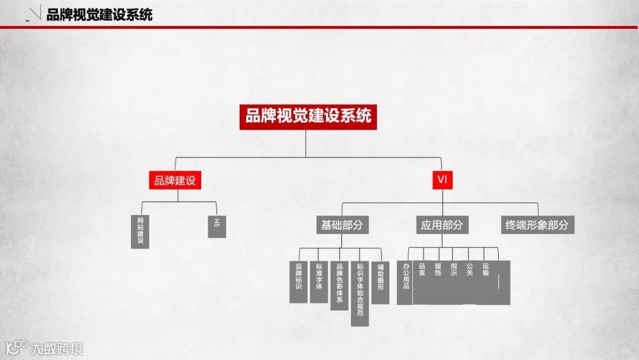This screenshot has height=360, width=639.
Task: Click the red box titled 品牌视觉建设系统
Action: coord(308,117)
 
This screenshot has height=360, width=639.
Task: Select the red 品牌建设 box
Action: coord(175,181)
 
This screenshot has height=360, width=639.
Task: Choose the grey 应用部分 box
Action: coord(441,225)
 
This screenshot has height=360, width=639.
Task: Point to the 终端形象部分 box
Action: coord(537,225)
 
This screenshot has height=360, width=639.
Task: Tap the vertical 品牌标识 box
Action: coord(299,281)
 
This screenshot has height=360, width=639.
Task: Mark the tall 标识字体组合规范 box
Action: coord(360,293)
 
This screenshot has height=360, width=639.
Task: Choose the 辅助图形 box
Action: coord(380,282)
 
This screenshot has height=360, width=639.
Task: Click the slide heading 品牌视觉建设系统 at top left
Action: coord(99,15)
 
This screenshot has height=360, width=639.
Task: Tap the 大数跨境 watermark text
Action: coord(57,348)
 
